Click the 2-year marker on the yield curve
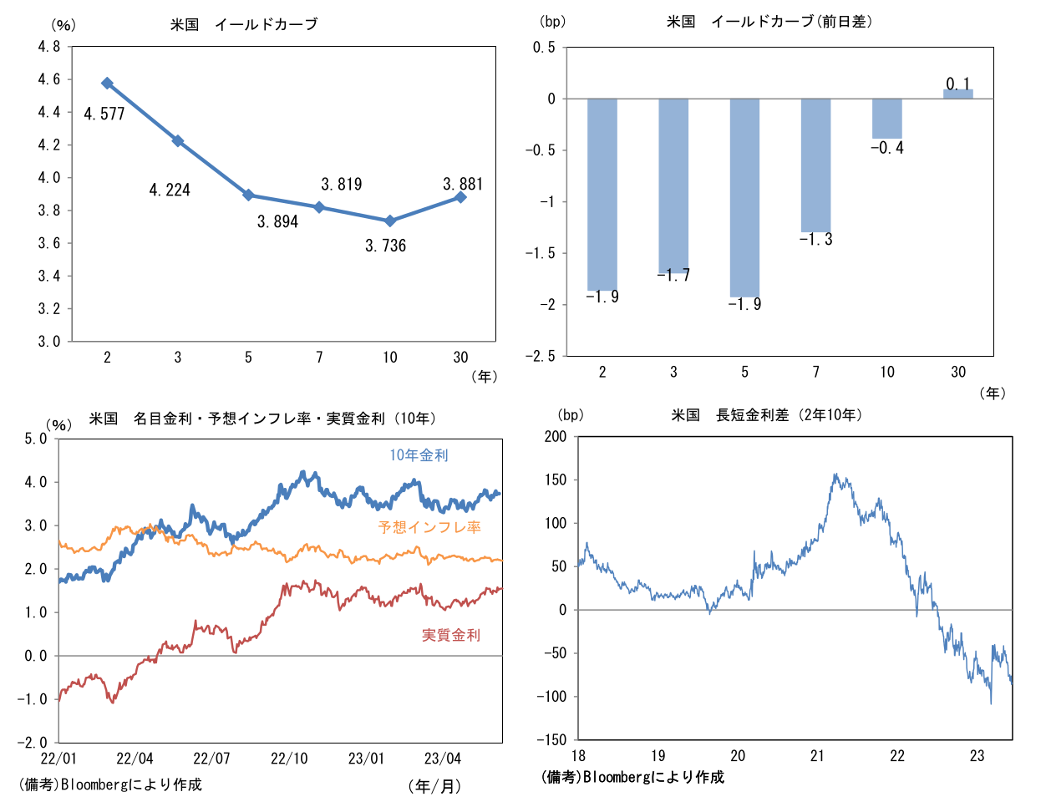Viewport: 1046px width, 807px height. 107,84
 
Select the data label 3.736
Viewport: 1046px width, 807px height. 385,246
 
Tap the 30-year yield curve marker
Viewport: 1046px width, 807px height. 460,196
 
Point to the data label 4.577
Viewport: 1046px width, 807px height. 104,114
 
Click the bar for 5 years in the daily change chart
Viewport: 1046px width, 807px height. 744,198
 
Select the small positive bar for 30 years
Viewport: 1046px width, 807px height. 957,94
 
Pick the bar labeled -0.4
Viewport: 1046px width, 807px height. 886,119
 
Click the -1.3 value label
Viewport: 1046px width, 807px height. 815,240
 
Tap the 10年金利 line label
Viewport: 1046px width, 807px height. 419,455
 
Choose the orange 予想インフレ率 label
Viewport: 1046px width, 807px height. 429,527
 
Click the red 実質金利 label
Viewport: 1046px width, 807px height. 451,636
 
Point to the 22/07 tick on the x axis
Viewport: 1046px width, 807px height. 211,759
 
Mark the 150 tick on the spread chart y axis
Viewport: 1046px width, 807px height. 555,480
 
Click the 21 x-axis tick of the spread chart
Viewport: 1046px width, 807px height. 817,756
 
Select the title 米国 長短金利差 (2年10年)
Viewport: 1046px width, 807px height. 767,415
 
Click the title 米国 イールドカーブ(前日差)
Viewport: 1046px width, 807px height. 769,22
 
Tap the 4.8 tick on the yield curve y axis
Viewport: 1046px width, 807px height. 49,47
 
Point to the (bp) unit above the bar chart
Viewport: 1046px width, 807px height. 553,22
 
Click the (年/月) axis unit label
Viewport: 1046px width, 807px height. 435,786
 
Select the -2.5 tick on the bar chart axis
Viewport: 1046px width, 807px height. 540,357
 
